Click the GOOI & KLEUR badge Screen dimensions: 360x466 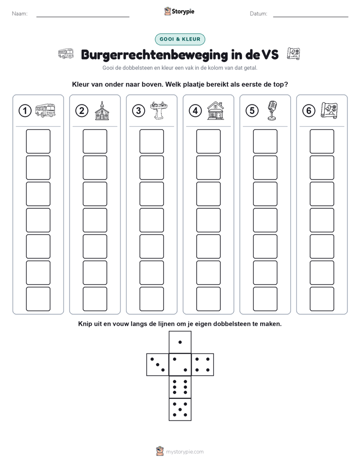click(179, 39)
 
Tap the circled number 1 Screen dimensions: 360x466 click(25, 111)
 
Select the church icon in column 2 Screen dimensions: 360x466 click(102, 110)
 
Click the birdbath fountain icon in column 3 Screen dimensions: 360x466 click(159, 110)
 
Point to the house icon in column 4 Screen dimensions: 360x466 click(215, 110)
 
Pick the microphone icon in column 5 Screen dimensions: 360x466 click(272, 110)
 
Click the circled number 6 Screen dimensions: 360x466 click(309, 111)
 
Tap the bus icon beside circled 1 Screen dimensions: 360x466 click(45, 110)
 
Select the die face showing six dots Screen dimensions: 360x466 click(180, 387)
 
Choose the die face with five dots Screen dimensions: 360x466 click(180, 410)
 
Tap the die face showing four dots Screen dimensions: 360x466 click(203, 365)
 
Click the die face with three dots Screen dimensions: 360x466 click(158, 365)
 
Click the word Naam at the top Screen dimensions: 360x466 click(20, 14)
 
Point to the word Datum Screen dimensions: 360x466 click(259, 14)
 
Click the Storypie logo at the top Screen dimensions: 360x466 click(179, 12)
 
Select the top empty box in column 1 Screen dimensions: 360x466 click(38, 141)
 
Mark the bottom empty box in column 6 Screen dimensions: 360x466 click(322, 299)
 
